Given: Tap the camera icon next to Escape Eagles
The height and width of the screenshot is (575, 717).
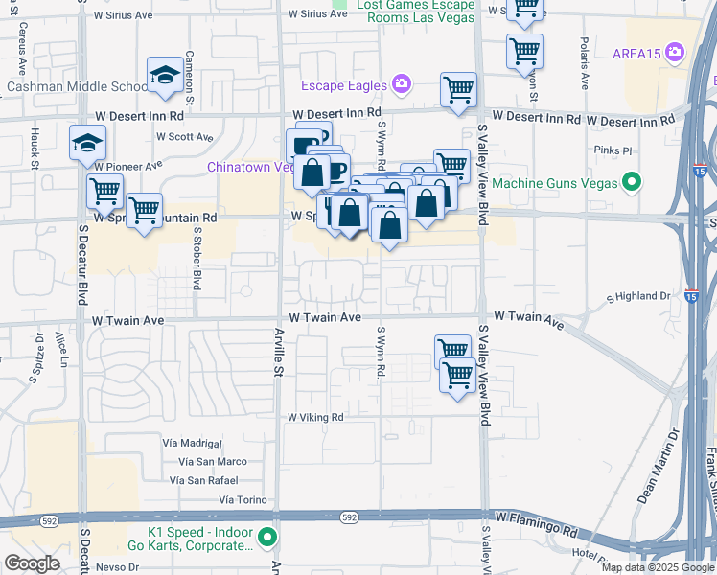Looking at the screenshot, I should pos(401,84).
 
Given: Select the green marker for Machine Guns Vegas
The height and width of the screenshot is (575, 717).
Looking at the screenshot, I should pos(631,181).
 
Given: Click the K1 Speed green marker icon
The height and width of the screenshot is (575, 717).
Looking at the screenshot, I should pos(269,538).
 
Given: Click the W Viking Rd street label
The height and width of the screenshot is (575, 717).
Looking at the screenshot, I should pos(315,417).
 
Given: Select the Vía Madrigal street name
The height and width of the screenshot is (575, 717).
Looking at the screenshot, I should pos(193,443).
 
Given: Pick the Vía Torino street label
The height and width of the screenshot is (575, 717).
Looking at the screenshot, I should pos(242,499).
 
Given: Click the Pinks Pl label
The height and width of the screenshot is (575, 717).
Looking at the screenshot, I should pos(613,150).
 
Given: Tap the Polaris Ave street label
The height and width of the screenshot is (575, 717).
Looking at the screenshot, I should pos(584,61).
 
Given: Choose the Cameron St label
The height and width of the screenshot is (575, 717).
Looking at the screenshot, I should pos(190,78).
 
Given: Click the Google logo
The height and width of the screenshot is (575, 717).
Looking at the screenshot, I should pos(33,563).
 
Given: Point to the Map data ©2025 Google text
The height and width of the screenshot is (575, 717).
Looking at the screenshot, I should pos(657,567).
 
